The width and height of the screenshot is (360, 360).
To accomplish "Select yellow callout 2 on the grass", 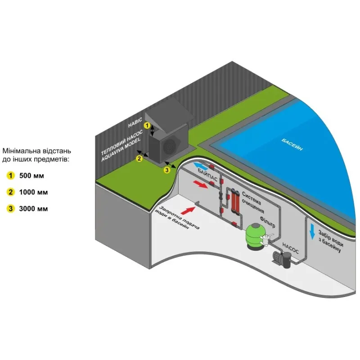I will coord(139,158).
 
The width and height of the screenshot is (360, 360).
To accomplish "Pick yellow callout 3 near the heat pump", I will coord(167,170).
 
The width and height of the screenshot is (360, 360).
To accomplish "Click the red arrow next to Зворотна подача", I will coord(188,208).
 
